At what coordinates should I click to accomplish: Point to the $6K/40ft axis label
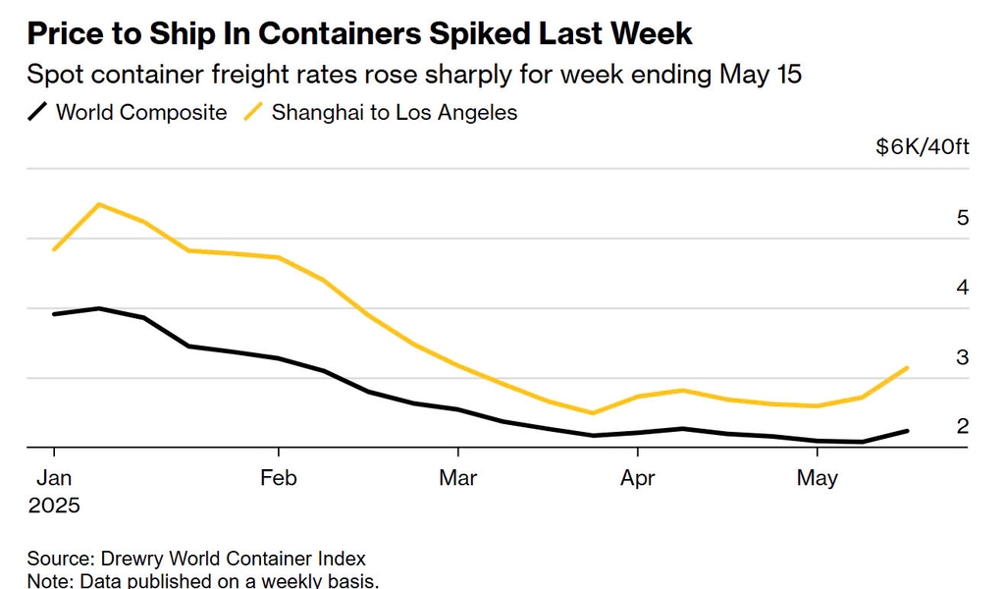pos(923,147)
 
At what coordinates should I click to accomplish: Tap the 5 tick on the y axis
pos(963,218)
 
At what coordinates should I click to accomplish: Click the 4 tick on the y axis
pos(963,288)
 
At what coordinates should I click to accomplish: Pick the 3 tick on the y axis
pos(963,357)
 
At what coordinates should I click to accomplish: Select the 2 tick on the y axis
pos(963,426)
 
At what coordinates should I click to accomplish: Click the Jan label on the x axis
pos(53,478)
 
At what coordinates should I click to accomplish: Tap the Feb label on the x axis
pos(279,478)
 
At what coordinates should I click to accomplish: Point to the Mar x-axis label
pos(457,478)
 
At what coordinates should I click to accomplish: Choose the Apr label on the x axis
pos(638,478)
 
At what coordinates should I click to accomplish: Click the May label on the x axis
pos(818,478)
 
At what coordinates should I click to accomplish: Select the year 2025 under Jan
pos(53,506)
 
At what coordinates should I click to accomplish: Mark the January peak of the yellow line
pos(99,204)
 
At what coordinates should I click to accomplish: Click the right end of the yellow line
pos(908,368)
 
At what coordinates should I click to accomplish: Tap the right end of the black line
pos(908,431)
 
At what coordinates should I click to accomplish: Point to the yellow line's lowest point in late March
pos(593,413)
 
